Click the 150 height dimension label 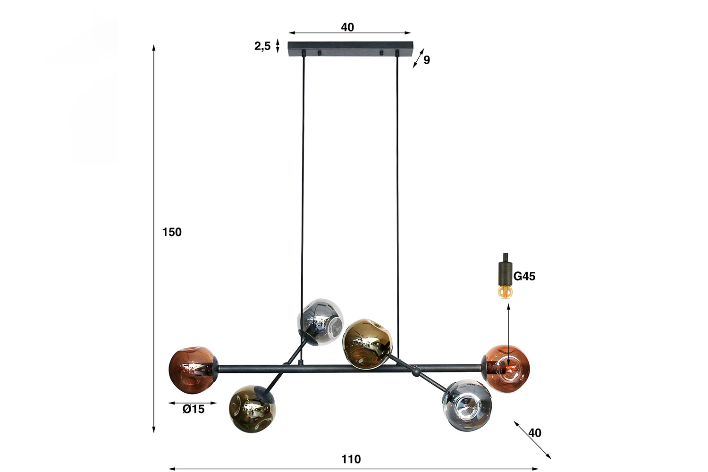pos(172,232)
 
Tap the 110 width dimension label pos(351,459)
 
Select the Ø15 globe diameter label pos(194,409)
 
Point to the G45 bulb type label pos(524,276)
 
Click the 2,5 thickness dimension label pos(262,46)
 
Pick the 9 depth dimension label pos(427,60)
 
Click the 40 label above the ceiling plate pos(347,27)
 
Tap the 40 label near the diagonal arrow pos(535,433)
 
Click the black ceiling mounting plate pos(350,49)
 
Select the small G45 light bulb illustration pos(505,292)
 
